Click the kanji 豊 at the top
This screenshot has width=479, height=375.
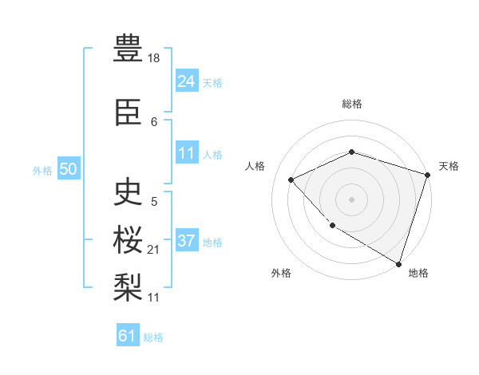coord(128,49)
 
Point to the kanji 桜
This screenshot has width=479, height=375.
coord(128,240)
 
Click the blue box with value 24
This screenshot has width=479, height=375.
coord(187,81)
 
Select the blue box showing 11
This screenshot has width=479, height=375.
coord(187,153)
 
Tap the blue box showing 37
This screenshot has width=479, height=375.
coord(187,241)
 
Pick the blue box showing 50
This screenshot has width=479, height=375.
coord(68,169)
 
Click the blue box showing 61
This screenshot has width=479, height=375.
coord(128,336)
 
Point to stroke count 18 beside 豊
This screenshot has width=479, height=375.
coord(155,57)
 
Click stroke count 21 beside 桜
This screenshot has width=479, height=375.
coord(154,250)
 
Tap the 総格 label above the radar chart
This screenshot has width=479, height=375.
coord(352,104)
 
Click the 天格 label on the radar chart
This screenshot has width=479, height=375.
coord(449,166)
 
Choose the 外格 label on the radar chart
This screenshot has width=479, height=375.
coord(281,273)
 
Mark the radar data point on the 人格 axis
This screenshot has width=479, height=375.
coord(291,180)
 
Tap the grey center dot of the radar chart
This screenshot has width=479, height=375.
coord(352,199)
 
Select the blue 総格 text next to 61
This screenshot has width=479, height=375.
coord(153,337)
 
